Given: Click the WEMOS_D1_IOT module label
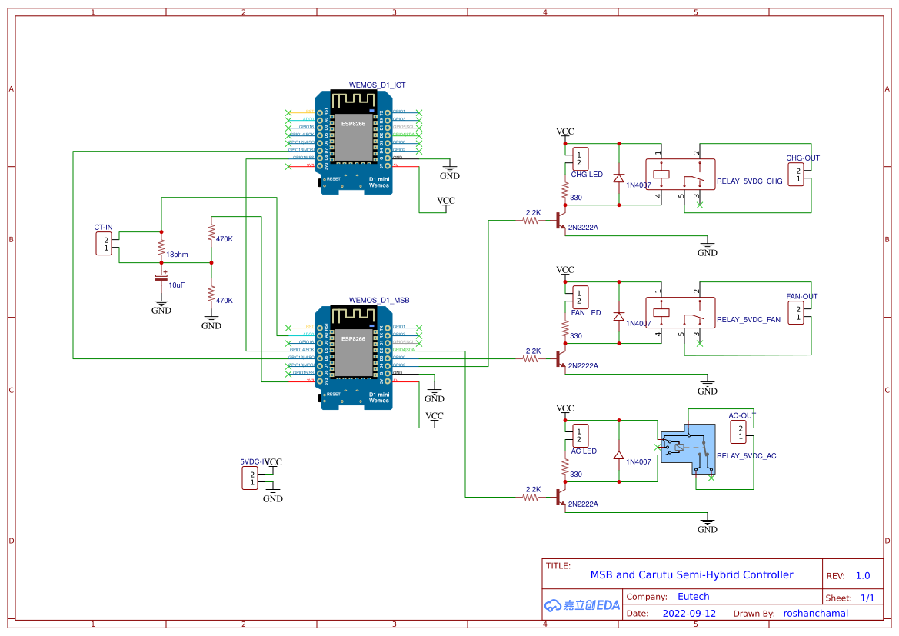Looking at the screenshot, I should coord(377,85).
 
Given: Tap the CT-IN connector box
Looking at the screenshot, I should coord(104,244).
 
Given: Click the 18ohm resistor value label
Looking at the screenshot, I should coord(177,254).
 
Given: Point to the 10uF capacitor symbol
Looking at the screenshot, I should coord(161,276).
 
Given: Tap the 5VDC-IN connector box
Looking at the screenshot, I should coord(250,478).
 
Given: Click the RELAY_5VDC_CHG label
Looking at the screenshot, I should coord(749,182).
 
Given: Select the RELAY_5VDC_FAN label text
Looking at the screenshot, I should coord(748,320).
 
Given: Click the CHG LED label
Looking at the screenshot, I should coord(587,175).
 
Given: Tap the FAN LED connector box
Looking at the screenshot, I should coord(581,297).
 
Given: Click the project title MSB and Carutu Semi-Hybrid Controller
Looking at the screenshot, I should coord(691,574).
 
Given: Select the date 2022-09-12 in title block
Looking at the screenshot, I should coord(689,614).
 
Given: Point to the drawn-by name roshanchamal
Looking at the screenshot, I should coord(815,614).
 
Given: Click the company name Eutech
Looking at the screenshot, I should coord(693,596).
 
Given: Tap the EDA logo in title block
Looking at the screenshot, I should coord(582,604).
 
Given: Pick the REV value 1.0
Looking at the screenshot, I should coord(863,575).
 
